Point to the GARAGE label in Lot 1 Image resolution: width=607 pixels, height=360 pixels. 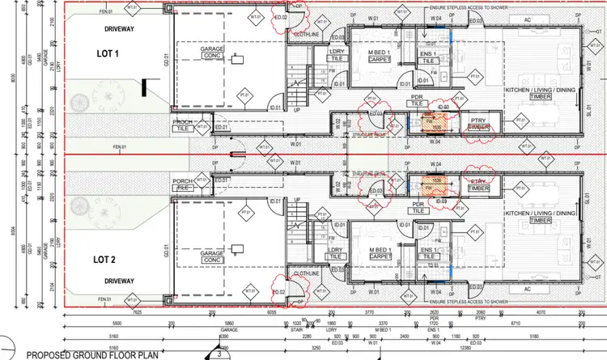click(213, 49)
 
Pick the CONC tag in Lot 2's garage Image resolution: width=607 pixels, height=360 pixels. click(213, 260)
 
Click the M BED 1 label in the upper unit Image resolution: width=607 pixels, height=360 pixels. click(377, 51)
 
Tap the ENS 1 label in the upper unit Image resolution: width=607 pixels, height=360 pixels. click(428, 51)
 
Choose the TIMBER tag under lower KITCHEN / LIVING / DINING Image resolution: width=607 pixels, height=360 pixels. click(541, 220)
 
